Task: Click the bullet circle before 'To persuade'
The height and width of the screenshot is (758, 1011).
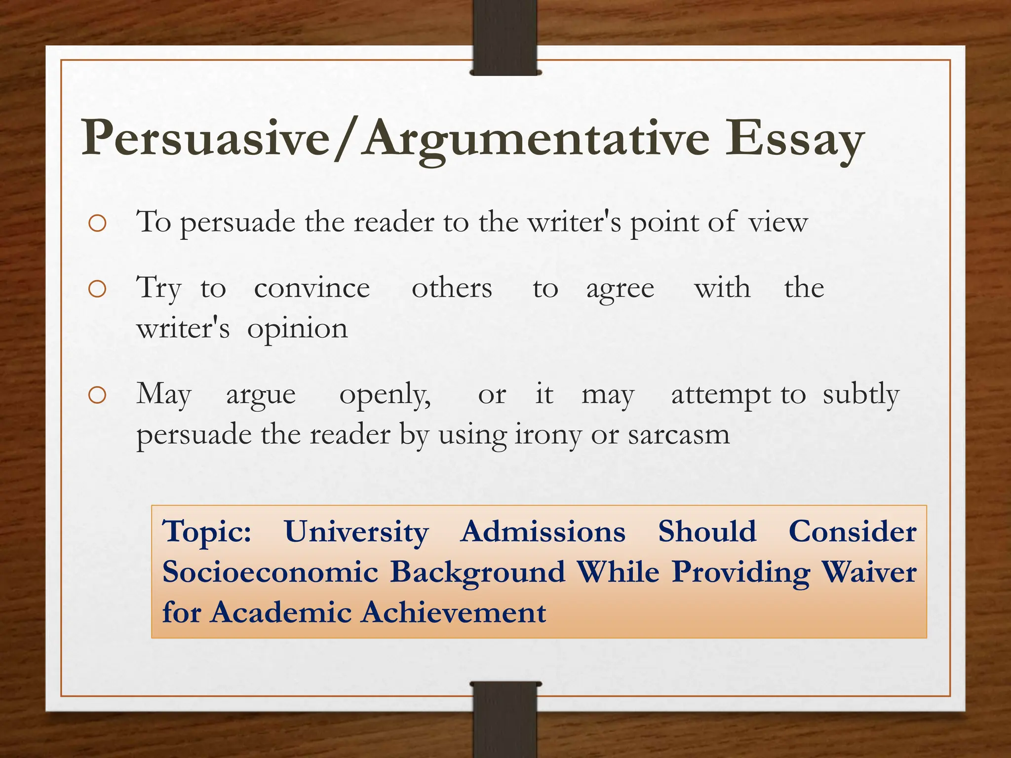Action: coord(97,223)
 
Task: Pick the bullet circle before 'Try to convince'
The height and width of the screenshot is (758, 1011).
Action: coord(97,289)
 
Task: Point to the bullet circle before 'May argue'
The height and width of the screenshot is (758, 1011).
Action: coord(97,395)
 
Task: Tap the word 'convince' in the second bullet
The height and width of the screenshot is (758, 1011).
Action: coord(311,288)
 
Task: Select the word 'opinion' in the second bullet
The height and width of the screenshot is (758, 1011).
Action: coord(298,329)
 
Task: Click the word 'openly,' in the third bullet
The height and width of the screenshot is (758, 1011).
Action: coord(385,395)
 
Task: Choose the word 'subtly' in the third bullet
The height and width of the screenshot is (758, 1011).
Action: coord(861,395)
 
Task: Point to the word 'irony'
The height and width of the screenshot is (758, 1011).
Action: coord(548,435)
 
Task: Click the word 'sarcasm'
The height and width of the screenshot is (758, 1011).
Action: coord(679,435)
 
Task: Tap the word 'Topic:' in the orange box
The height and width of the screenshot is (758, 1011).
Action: coord(207,532)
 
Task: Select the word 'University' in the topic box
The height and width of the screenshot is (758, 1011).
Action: coord(356,532)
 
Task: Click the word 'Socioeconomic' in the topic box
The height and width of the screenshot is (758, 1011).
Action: coord(271,572)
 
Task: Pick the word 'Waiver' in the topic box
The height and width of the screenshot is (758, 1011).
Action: coord(868,572)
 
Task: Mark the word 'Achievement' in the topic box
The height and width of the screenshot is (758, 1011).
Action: coord(453,612)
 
